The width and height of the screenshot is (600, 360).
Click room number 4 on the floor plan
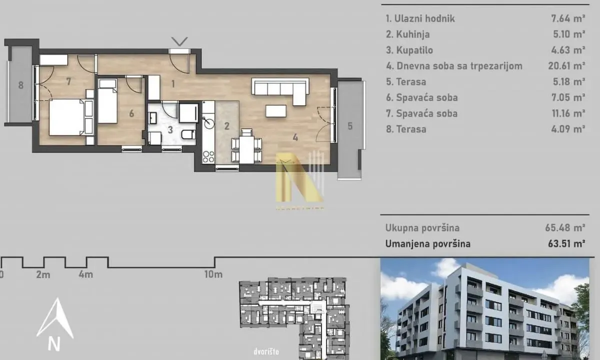click(295, 136)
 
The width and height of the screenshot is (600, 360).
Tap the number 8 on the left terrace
click(21, 85)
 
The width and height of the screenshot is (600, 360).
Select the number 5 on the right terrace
click(350, 126)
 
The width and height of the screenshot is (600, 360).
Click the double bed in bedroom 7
click(66, 117)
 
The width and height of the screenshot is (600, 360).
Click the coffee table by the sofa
click(275, 110)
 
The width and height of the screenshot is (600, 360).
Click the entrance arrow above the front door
click(179, 40)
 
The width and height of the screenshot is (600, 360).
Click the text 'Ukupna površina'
click(422, 228)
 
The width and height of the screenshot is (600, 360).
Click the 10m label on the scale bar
click(213, 274)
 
